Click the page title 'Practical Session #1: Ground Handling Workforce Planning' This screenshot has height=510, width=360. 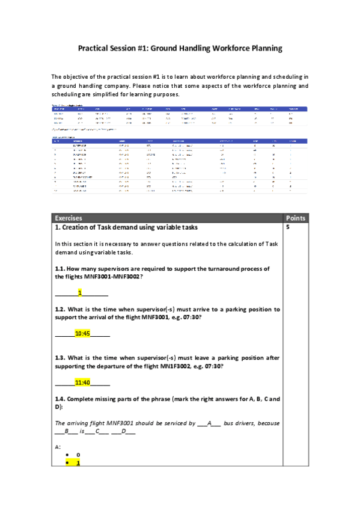click(x=180, y=48)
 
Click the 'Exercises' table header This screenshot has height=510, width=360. click(x=68, y=218)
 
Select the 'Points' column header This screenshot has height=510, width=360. click(x=296, y=218)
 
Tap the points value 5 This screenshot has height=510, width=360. click(x=288, y=228)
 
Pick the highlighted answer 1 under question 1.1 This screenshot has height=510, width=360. click(x=80, y=293)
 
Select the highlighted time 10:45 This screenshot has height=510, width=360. click(x=82, y=333)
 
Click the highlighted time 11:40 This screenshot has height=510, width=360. click(x=82, y=382)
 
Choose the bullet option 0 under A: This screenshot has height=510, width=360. click(x=78, y=455)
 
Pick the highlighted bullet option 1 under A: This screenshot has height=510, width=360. click(x=78, y=463)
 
